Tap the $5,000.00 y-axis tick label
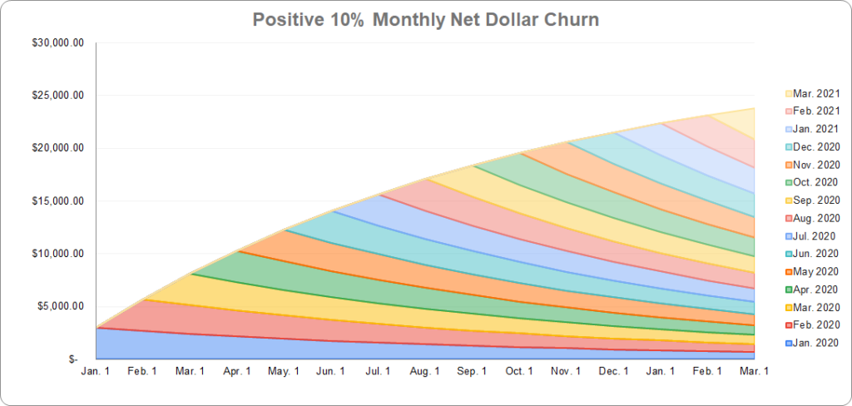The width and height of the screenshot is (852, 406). click(57, 306)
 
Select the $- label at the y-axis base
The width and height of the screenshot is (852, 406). click(73, 359)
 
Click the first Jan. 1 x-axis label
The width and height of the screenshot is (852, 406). click(96, 371)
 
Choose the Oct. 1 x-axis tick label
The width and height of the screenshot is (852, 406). click(519, 371)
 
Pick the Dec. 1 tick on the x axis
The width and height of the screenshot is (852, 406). click(614, 371)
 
